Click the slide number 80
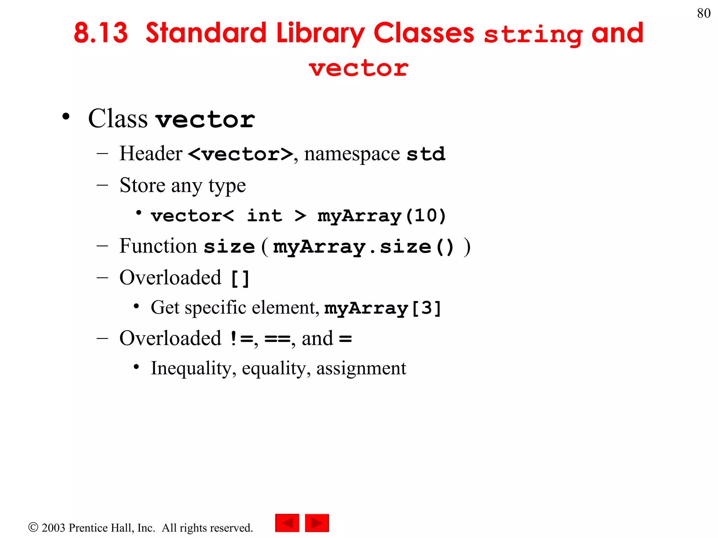(x=704, y=13)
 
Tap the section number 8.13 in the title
(x=101, y=33)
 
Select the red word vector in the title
(x=359, y=68)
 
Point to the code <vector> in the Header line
(x=241, y=154)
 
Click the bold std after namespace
(x=426, y=154)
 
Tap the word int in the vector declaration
(x=264, y=215)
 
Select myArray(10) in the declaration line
(x=381, y=216)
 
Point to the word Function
(x=158, y=246)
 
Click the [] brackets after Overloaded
(x=240, y=279)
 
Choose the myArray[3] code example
(x=382, y=309)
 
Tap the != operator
(x=242, y=339)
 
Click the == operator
(x=277, y=339)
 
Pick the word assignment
(x=361, y=368)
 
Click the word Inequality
(x=191, y=368)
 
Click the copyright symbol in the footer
(x=33, y=527)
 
